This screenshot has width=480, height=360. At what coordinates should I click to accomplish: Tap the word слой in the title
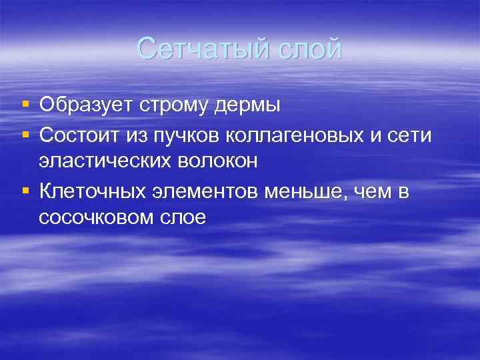309,50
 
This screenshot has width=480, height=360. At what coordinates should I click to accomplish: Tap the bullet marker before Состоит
25,135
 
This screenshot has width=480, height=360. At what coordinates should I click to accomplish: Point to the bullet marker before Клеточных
25,192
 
